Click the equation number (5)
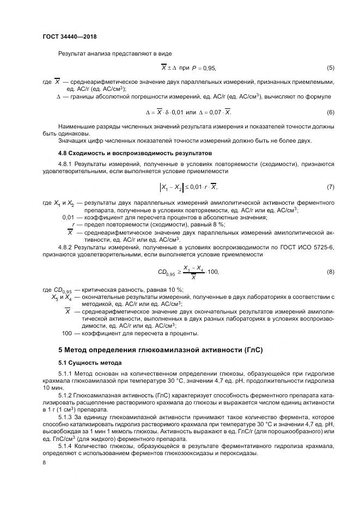330,68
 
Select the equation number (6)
330,112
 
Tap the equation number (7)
330,187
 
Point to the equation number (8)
330,272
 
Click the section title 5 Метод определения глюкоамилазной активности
161,350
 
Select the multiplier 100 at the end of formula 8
213,272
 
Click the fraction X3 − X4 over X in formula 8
194,272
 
